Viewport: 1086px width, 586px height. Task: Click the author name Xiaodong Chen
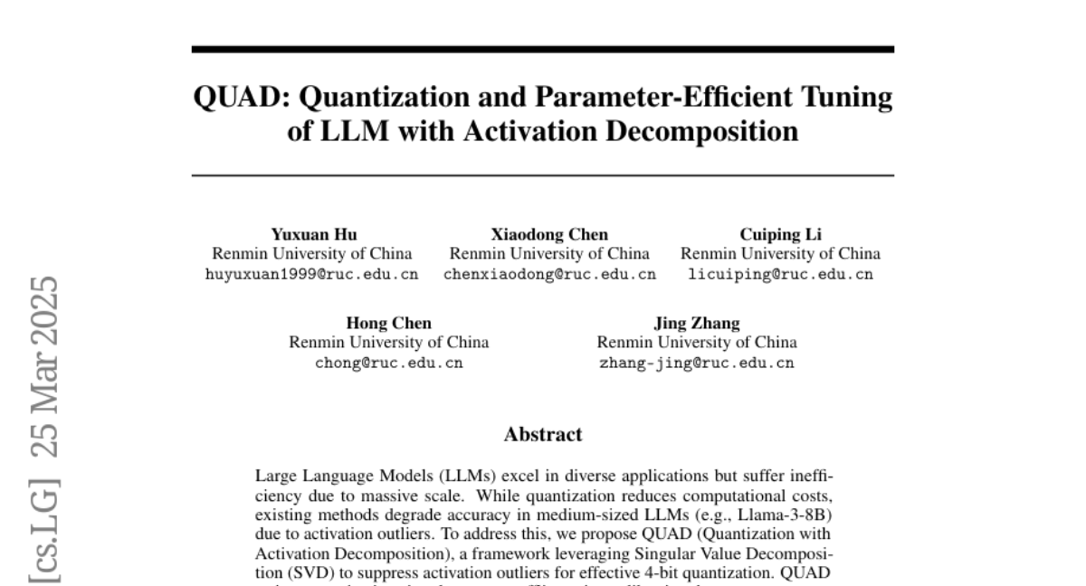point(549,235)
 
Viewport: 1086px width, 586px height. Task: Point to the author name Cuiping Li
point(780,235)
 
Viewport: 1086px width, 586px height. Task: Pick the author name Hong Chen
point(388,323)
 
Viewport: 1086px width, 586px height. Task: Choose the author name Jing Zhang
point(696,323)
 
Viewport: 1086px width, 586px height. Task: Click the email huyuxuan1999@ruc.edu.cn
point(313,275)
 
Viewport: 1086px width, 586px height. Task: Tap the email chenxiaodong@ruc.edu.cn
point(549,275)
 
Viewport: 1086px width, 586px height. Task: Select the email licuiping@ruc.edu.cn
point(780,275)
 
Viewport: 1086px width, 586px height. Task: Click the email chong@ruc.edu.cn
point(388,364)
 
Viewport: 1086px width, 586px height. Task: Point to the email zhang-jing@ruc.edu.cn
point(696,364)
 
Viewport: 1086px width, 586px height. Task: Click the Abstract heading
point(543,435)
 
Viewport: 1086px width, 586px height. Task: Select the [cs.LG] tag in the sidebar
point(44,533)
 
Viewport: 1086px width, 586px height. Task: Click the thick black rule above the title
point(543,50)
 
